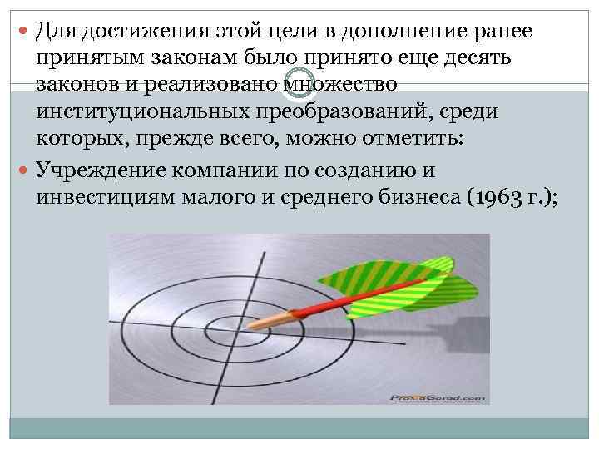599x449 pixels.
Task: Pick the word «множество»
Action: click(339, 84)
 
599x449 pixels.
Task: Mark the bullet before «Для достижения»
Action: click(22, 32)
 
